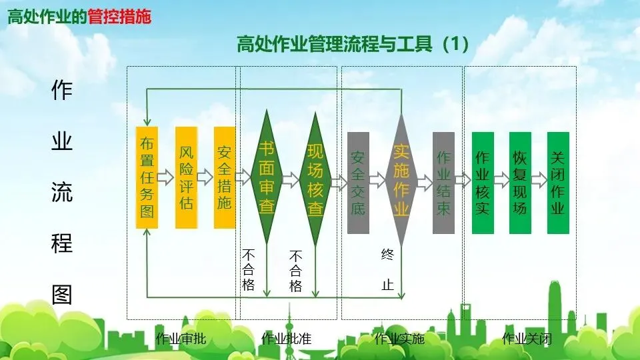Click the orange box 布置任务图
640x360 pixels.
(x=147, y=177)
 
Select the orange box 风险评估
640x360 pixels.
(x=186, y=177)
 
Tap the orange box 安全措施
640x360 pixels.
(x=225, y=177)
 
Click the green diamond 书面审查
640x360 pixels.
(x=267, y=178)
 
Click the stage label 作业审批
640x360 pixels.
(x=181, y=339)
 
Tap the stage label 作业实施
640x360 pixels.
(x=399, y=339)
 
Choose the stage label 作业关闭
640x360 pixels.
(x=527, y=339)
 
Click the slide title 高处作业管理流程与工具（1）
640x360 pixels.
(x=353, y=45)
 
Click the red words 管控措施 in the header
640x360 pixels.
(x=119, y=17)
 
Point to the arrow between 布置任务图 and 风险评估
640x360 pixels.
(x=167, y=177)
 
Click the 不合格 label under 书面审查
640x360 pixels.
(x=248, y=270)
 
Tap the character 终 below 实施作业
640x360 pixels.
(x=387, y=254)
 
